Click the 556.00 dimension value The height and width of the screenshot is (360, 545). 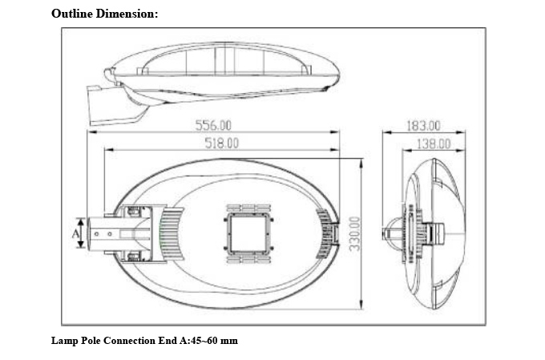click(x=213, y=125)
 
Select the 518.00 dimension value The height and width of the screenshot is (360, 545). click(x=222, y=144)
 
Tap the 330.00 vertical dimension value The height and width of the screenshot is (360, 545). click(x=355, y=234)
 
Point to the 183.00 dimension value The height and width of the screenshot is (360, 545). click(x=423, y=126)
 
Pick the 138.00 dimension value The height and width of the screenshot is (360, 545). click(x=434, y=144)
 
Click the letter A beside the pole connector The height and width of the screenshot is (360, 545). click(x=75, y=233)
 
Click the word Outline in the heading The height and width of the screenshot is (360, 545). click(x=72, y=14)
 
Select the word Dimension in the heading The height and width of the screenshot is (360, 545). click(x=125, y=14)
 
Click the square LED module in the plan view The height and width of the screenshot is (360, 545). click(x=248, y=233)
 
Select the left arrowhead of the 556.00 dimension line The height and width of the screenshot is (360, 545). click(x=91, y=131)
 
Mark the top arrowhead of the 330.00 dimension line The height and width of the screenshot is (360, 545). click(x=361, y=163)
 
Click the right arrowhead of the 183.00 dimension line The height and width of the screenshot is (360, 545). click(x=461, y=132)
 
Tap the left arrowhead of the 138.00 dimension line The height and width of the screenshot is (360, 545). click(x=407, y=150)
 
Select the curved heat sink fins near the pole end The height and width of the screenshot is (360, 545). click(x=172, y=233)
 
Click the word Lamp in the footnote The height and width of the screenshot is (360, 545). click(x=65, y=341)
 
